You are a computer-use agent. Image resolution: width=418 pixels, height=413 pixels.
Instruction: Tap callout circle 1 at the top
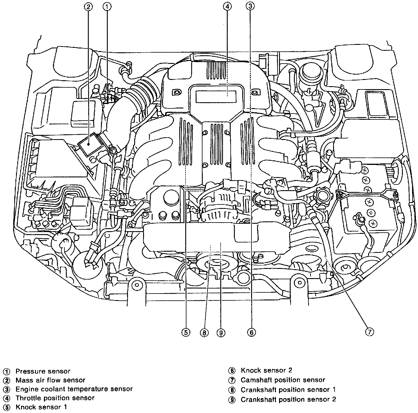point(108,7)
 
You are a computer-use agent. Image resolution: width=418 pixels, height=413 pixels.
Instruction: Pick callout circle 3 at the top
point(250,7)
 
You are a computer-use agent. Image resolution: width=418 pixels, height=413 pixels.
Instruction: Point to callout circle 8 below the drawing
point(204,333)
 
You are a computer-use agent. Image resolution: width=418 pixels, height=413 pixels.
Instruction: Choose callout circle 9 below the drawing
point(221,333)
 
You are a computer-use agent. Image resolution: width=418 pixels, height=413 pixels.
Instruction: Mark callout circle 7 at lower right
point(369,332)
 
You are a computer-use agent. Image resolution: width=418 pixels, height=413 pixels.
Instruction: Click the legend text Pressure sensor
point(43,371)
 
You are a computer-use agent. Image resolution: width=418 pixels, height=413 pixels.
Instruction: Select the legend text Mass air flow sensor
point(50,380)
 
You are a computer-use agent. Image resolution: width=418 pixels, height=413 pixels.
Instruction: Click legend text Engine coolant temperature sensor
point(74,389)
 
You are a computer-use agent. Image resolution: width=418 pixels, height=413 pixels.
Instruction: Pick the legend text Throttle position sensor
point(55,398)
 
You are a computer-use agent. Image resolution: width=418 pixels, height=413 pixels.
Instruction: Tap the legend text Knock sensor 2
point(266,370)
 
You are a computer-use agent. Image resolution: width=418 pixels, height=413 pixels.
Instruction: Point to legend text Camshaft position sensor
point(283,380)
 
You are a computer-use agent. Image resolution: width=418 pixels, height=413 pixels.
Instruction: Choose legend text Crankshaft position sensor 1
point(288,390)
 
